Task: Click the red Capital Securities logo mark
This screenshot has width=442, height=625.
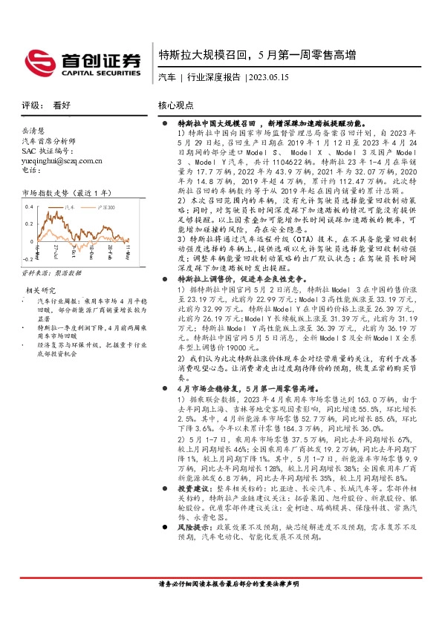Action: [38, 60]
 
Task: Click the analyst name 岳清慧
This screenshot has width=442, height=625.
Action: [33, 129]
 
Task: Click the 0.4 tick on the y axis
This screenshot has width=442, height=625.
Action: [28, 205]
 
